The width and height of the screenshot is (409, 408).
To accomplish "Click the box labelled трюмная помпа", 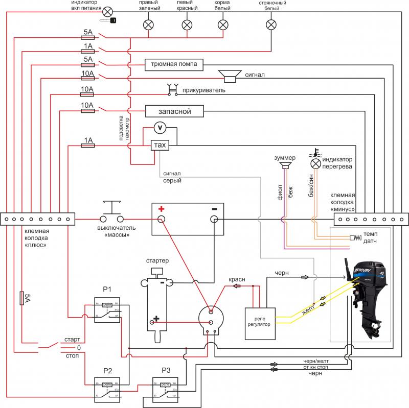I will [x=174, y=64].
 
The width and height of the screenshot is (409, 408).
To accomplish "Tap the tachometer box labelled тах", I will [x=160, y=146].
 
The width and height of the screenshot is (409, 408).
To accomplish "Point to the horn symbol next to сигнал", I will [x=231, y=76].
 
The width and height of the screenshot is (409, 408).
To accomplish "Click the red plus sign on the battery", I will [x=161, y=208].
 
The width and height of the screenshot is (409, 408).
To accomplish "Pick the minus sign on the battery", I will [x=215, y=208].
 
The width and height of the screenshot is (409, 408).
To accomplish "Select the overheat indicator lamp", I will [x=316, y=163].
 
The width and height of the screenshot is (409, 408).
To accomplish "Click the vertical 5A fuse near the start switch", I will [x=21, y=298].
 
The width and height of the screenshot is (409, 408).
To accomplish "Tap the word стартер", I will [x=157, y=261].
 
